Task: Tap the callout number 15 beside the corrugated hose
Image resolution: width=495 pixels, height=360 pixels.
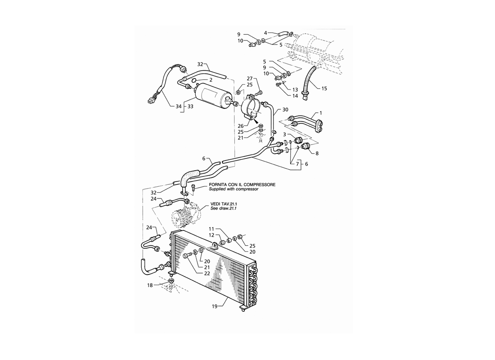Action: click(x=324, y=88)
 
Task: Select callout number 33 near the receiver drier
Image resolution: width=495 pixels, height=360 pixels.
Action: click(x=190, y=107)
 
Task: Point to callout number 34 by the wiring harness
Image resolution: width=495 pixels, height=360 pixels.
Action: click(x=179, y=107)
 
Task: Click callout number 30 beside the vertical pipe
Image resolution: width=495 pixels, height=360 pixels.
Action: click(x=285, y=110)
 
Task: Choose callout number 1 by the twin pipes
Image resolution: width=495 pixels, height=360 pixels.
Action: click(x=321, y=113)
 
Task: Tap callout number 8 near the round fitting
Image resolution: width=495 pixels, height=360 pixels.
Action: click(x=317, y=153)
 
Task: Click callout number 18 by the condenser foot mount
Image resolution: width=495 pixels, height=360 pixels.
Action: click(x=150, y=285)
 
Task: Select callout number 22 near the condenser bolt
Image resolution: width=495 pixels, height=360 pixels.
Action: click(x=207, y=274)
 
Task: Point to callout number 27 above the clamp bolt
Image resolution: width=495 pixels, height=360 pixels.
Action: click(x=250, y=79)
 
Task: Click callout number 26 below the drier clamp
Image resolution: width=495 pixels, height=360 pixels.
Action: click(x=241, y=126)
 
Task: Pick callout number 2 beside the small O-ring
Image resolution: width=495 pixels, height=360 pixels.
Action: click(x=211, y=80)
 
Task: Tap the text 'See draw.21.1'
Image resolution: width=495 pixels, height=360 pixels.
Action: click(x=224, y=209)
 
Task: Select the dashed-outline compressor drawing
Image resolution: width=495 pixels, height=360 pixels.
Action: click(x=186, y=214)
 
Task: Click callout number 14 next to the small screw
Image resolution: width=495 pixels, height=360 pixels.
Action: click(x=295, y=96)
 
